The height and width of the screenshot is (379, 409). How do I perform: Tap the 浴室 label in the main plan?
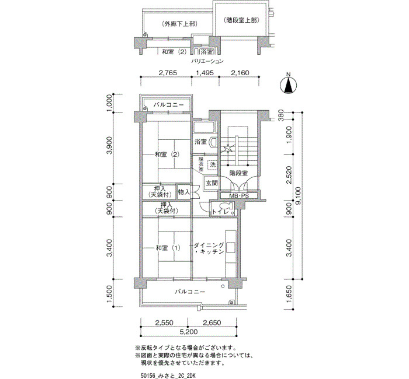point(201,142)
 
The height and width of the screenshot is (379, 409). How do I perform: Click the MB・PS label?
point(238,196)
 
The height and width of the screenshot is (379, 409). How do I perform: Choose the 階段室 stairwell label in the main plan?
point(238,173)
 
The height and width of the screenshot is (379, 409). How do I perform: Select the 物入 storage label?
point(184,191)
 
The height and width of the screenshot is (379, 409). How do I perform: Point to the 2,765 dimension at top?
point(168,73)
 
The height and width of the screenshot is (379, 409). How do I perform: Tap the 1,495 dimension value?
point(205,73)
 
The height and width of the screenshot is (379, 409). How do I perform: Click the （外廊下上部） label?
point(178,24)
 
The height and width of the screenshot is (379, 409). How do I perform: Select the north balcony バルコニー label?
point(169,105)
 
